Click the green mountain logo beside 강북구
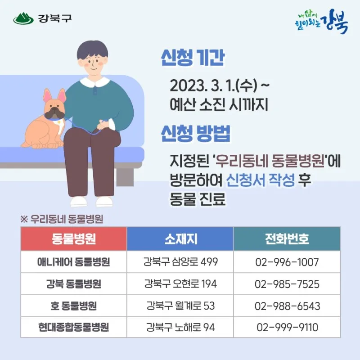click(23, 18)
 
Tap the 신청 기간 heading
click(193, 58)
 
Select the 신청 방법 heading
click(195, 133)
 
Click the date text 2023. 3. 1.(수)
click(213, 85)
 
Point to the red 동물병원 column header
click(74, 239)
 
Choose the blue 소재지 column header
click(180, 239)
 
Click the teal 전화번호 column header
click(287, 239)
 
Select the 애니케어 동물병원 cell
click(74, 262)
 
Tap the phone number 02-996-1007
click(287, 262)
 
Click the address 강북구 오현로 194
click(180, 284)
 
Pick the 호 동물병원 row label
click(74, 306)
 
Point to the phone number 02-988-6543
click(287, 306)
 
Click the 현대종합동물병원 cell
click(74, 327)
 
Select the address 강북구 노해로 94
click(180, 327)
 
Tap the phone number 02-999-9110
click(287, 328)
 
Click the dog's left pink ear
click(47, 95)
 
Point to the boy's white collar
click(94, 82)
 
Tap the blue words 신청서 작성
click(260, 180)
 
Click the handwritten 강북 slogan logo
click(321, 21)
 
